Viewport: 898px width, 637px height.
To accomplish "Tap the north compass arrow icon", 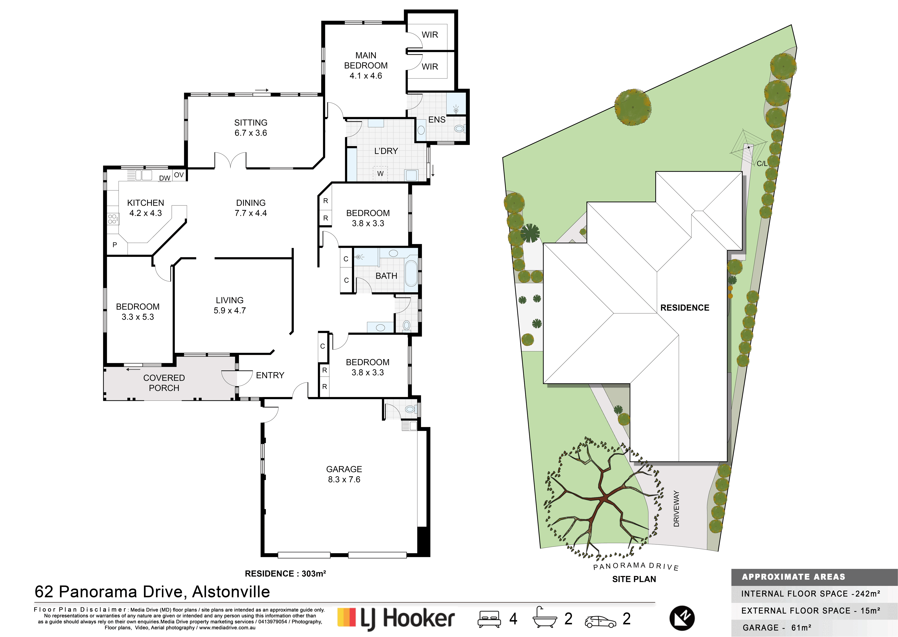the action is tap(682, 618).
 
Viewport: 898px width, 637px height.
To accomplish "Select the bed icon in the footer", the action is tap(489, 619).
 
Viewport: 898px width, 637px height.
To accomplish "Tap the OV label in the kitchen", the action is tap(179, 175).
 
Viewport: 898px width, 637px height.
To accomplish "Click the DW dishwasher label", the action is tap(165, 178).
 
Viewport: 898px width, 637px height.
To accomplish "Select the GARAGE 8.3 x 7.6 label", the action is tap(344, 474).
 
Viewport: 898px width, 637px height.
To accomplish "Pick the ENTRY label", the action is tap(270, 375).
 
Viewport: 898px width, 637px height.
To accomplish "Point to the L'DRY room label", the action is tap(386, 151).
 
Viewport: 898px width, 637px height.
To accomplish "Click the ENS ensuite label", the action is tap(437, 120).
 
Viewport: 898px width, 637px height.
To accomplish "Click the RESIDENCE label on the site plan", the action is tap(685, 308).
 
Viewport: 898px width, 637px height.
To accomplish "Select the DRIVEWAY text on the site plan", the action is tap(676, 509).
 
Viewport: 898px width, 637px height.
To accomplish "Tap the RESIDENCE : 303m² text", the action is tap(285, 574).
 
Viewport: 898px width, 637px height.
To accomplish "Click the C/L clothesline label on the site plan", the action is tap(762, 164).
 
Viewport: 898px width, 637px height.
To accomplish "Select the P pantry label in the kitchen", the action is tap(114, 245).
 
